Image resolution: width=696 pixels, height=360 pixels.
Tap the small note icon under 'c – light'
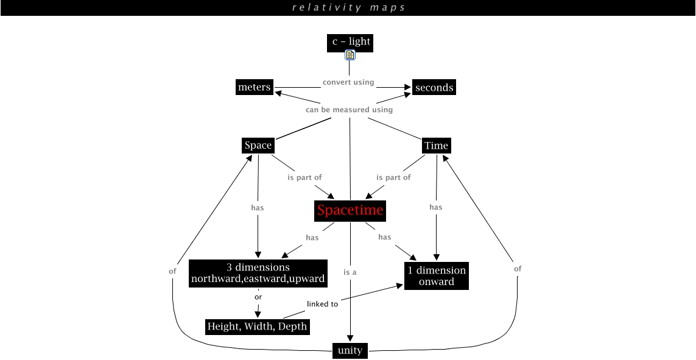350,55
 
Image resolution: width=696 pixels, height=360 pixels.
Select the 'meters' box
254,87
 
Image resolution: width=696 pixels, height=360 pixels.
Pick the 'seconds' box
434,88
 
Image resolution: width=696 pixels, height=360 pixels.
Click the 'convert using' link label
348,82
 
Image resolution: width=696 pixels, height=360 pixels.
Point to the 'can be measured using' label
349,110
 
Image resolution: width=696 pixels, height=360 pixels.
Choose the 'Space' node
258,146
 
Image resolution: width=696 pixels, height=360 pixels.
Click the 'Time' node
436,146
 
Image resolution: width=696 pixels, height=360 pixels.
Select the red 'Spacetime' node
350,211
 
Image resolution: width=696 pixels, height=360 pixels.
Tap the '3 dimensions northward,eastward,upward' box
258,273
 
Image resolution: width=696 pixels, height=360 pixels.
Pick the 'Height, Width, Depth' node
257,326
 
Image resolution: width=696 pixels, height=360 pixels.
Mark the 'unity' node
350,350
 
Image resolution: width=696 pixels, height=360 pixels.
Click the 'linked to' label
322,304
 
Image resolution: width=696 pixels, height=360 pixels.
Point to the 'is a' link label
350,272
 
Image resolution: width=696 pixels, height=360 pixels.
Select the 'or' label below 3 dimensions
258,297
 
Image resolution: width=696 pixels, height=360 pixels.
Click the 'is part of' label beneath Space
304,177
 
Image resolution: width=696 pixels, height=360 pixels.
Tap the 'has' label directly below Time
435,207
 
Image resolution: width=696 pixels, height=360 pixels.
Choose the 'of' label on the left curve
172,271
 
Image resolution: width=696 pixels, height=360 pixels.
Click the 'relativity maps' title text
348,7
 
